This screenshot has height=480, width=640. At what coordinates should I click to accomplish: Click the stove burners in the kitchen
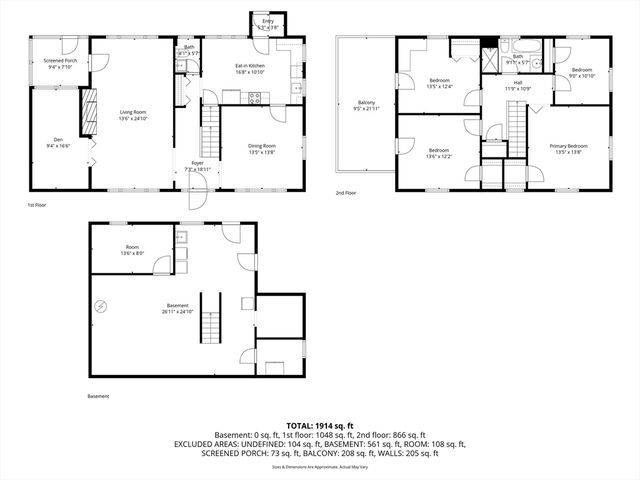[254, 98]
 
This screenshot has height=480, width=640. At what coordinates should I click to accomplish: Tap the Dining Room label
[262, 146]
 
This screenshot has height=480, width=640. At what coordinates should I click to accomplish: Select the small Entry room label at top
[267, 20]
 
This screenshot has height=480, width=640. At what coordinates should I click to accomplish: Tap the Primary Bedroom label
[568, 146]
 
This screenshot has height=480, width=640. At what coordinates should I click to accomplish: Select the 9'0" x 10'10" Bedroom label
[582, 73]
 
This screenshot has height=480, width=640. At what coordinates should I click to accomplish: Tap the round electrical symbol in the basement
[100, 306]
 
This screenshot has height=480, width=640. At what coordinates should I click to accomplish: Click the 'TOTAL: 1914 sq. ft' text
[319, 426]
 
